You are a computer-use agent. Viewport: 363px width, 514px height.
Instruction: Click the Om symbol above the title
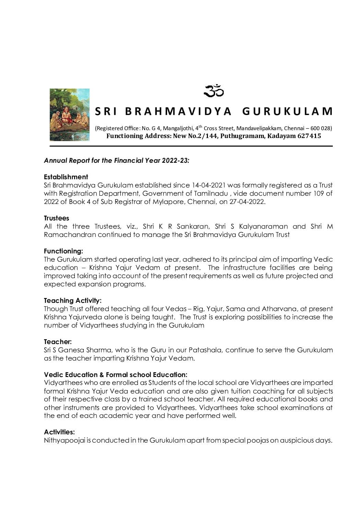pyautogui.click(x=213, y=91)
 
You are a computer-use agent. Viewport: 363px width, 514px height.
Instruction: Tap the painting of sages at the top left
pyautogui.click(x=69, y=115)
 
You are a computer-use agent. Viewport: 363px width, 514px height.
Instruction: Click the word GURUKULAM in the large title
pyautogui.click(x=288, y=111)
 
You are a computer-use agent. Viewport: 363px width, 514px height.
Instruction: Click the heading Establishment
pyautogui.click(x=66, y=177)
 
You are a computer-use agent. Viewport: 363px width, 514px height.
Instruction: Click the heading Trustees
pyautogui.click(x=57, y=218)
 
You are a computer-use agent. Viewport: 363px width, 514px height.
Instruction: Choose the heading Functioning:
pyautogui.click(x=63, y=251)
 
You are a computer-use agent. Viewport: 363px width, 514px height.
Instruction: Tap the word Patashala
pyautogui.click(x=204, y=350)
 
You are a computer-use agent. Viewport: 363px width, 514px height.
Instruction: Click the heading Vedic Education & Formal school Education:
pyautogui.click(x=116, y=375)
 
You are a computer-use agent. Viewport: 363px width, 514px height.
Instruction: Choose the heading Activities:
pyautogui.click(x=59, y=432)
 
